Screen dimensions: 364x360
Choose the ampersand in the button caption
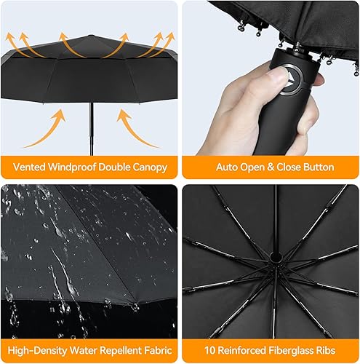[x=273, y=167]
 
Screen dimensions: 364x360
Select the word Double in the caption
[x=116, y=167]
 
